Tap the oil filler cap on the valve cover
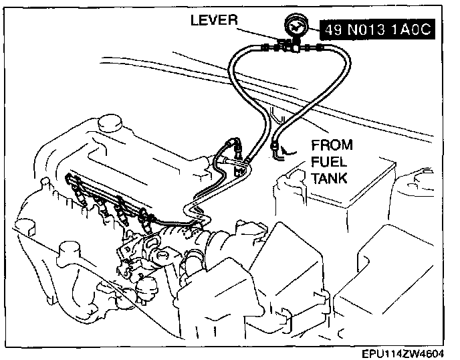pos(107,124)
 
